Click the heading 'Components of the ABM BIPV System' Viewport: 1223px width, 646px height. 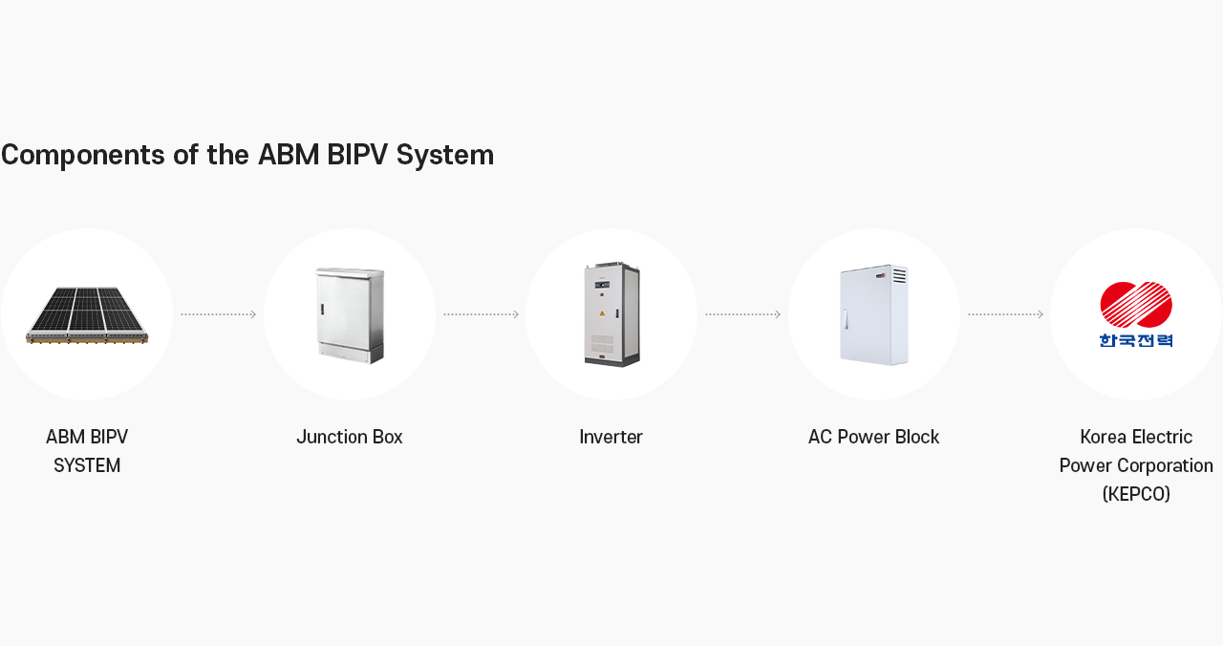[247, 155]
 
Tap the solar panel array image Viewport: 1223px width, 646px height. [87, 314]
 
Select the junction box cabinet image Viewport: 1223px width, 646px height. [350, 315]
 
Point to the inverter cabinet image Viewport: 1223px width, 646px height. [611, 314]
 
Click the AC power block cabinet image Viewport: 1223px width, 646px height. [873, 315]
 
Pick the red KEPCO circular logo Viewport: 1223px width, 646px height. [1136, 305]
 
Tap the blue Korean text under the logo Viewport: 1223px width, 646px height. [1136, 339]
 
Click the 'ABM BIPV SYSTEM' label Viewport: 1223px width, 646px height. [87, 451]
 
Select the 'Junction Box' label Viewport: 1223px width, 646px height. [350, 438]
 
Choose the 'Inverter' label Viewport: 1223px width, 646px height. [611, 438]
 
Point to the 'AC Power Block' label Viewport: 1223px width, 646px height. [873, 438]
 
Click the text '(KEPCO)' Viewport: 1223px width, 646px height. [1136, 494]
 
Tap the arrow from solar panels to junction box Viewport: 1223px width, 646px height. [219, 314]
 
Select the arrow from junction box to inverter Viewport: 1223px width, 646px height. [481, 314]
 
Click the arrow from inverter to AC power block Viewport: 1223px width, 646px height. [742, 314]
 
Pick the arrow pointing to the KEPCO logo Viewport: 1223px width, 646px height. [1005, 314]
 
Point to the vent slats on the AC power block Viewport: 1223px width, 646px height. [899, 276]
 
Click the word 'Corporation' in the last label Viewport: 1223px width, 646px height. [1166, 466]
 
